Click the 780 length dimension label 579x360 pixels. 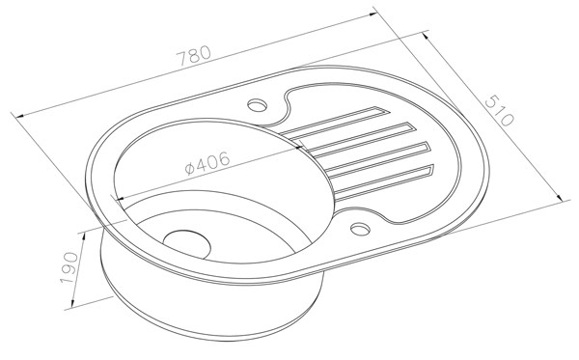pos(194,55)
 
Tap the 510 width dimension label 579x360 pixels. pos(499,111)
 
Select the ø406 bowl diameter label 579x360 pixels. pos(207,162)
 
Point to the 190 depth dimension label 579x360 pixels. pos(69,268)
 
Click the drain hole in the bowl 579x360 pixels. pos(187,244)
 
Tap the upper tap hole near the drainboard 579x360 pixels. pos(257,105)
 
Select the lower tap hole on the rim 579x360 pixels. pos(360,229)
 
